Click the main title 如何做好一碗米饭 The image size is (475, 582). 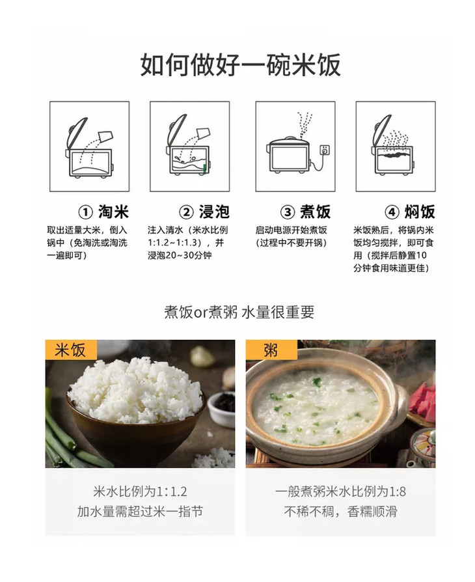click(x=240, y=65)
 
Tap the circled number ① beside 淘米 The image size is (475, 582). click(x=85, y=212)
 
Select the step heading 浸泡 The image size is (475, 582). click(x=215, y=212)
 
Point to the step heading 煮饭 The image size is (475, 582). click(x=315, y=212)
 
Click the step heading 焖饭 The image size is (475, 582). click(x=420, y=212)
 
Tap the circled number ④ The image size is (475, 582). click(x=392, y=212)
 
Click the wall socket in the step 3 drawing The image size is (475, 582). click(x=325, y=150)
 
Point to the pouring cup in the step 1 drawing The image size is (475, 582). click(x=105, y=136)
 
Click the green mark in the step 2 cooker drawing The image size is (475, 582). click(x=204, y=169)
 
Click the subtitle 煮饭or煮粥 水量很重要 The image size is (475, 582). click(x=239, y=312)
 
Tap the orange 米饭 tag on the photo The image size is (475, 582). click(x=71, y=350)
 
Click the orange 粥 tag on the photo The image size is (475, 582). click(x=271, y=350)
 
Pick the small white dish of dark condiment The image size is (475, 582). click(x=221, y=408)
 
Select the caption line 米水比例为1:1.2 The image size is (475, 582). click(x=141, y=492)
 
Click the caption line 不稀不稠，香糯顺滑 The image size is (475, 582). click(x=340, y=512)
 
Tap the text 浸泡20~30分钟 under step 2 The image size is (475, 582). click(x=180, y=255)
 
